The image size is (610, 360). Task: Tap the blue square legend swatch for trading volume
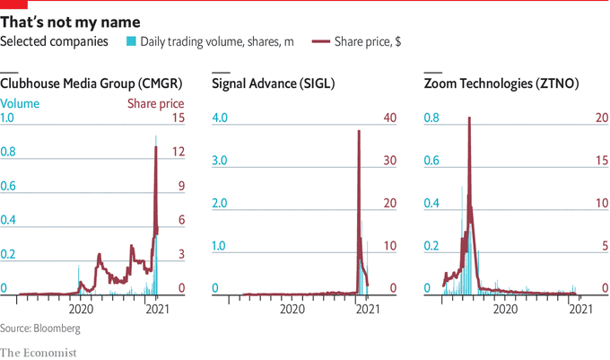click(132, 41)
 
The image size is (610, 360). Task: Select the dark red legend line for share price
click(318, 41)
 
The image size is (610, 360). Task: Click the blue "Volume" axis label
click(20, 103)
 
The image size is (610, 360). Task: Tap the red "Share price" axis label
click(155, 103)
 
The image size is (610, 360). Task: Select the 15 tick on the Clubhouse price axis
click(178, 119)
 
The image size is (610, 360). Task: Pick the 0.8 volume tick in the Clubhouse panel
click(8, 153)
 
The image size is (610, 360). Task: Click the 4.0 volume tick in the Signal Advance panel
click(221, 119)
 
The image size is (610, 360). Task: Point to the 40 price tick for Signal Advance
click(389, 119)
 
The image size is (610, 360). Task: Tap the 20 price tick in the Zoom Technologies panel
click(604, 119)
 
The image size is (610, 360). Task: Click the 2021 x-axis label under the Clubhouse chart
click(158, 309)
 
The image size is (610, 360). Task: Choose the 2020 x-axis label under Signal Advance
click(293, 309)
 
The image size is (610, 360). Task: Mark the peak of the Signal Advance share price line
click(359, 131)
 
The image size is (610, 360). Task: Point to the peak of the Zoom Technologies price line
click(469, 119)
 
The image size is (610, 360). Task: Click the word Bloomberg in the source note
click(53, 329)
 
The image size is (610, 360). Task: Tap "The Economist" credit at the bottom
click(39, 352)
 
